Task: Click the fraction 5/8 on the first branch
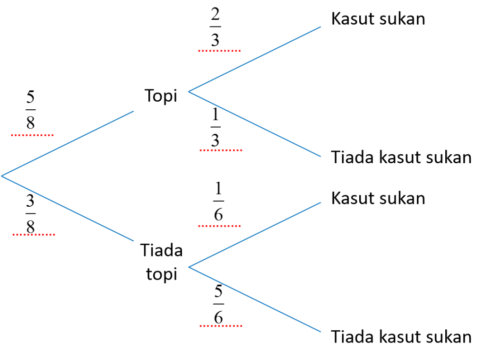[30, 110]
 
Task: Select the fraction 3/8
[30, 214]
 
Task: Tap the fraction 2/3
[215, 27]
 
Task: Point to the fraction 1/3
[216, 127]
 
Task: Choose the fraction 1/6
[218, 201]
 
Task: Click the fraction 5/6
[218, 304]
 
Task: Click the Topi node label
[161, 96]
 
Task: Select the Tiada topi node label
[162, 262]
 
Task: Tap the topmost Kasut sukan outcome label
[378, 18]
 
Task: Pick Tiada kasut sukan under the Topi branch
[401, 157]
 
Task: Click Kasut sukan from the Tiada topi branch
[378, 198]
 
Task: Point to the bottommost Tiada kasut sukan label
[401, 336]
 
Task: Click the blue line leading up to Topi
[67, 144]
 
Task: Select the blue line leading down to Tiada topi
[67, 209]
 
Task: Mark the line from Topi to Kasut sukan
[255, 59]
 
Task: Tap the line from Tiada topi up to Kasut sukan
[255, 235]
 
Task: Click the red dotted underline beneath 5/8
[32, 135]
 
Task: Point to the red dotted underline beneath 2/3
[219, 50]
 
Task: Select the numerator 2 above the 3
[215, 15]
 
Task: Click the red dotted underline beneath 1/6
[219, 226]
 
